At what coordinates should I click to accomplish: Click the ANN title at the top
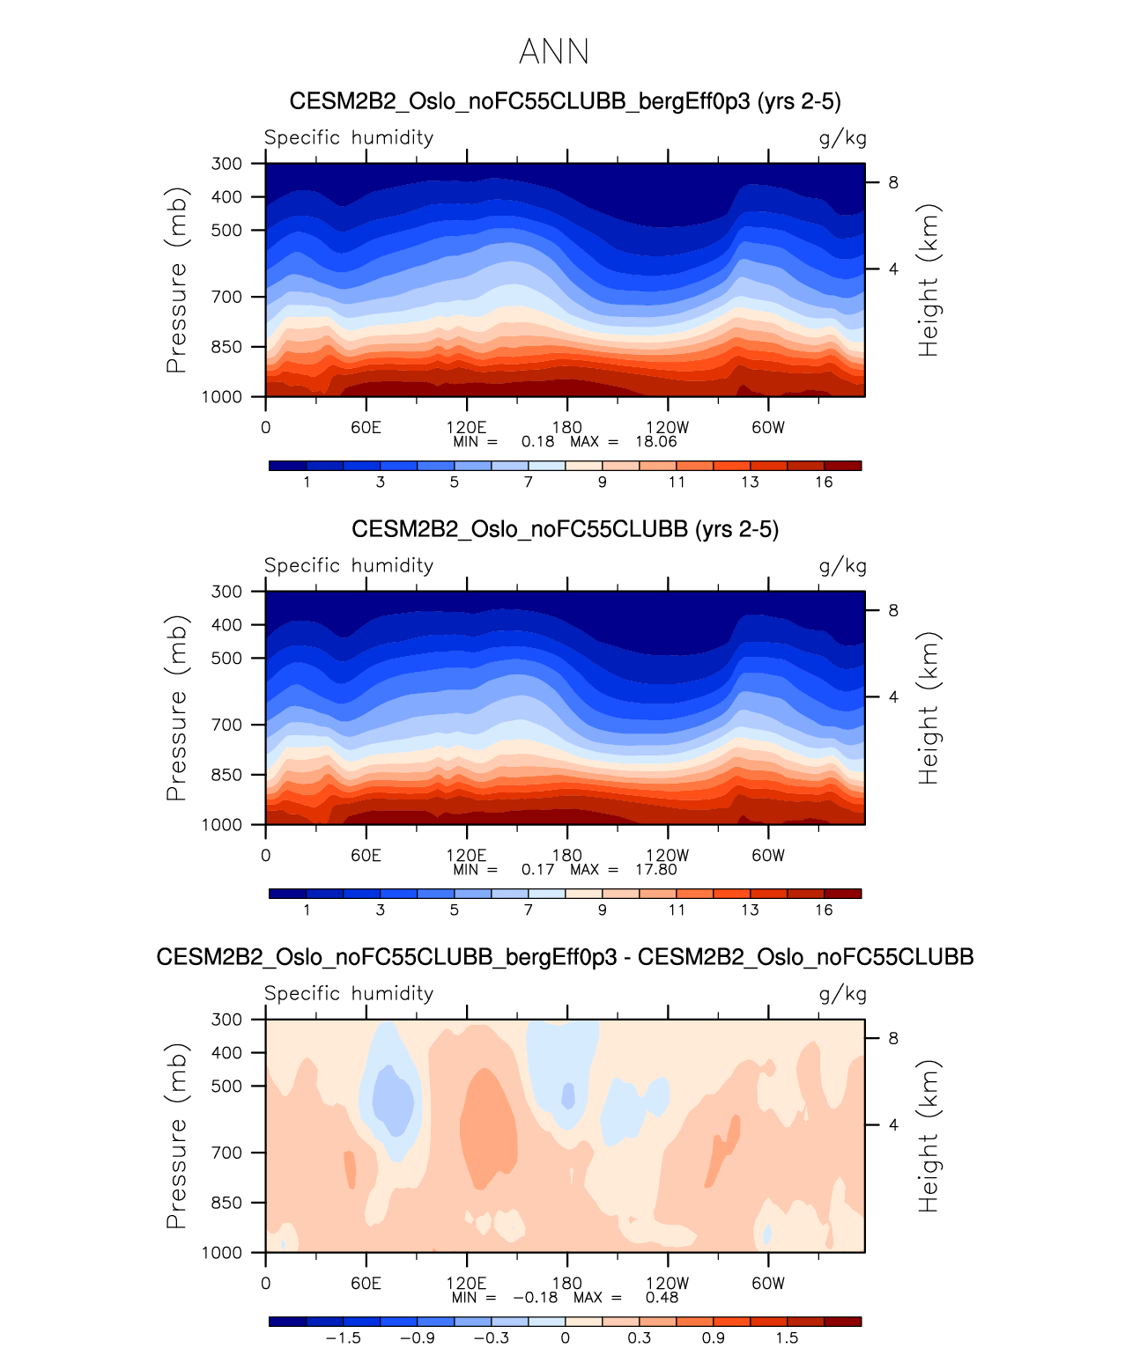pos(553,52)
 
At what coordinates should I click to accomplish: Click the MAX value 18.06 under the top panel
pos(656,442)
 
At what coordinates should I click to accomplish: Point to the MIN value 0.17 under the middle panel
pos(537,870)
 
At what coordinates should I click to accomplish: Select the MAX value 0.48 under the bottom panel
pos(662,1298)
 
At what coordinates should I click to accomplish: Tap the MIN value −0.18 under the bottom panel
pos(535,1298)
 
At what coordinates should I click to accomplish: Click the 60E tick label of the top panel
pos(366,428)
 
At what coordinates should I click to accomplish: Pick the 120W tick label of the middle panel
pos(667,856)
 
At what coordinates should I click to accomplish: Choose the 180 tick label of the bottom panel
pos(566,1284)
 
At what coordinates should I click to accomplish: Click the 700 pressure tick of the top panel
pos(226,298)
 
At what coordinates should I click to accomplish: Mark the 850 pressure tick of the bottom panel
pos(226,1203)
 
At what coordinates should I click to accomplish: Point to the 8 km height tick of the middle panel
pos(893,611)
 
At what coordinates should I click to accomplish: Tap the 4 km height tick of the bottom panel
pos(893,1125)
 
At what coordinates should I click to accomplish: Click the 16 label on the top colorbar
pos(824,482)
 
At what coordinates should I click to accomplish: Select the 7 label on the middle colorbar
pos(529,910)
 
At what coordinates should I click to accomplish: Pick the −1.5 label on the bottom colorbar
pos(343,1338)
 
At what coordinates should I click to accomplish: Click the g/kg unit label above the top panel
pos(842,138)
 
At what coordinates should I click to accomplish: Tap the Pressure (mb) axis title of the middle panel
pos(176,708)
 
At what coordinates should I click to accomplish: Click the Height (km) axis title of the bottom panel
pos(929,1136)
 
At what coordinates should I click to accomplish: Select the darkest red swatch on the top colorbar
pos(843,466)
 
